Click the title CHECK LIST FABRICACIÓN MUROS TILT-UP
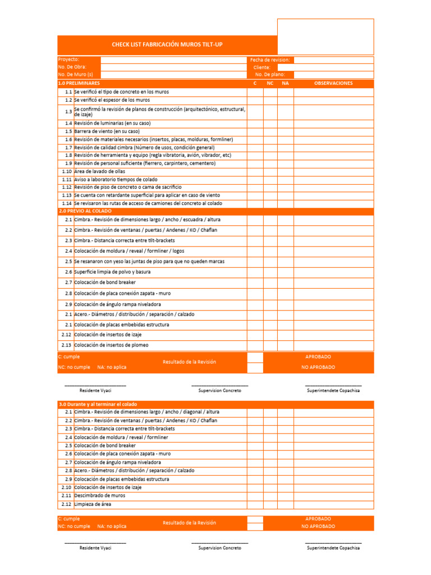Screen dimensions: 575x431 167,44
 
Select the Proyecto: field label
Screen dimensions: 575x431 68,60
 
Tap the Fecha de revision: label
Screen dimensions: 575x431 270,60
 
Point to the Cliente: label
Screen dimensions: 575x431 262,67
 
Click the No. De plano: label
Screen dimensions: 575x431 270,74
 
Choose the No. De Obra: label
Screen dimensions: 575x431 72,67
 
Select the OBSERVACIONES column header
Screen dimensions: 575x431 333,83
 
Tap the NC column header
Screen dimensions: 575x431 270,83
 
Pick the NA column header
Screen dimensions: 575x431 285,83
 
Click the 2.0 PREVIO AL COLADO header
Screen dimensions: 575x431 85,211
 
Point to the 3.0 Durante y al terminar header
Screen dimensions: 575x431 98,404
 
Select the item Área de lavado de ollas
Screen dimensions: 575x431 99,171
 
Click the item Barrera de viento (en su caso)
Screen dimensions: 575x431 107,131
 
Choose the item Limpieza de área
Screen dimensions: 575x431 93,504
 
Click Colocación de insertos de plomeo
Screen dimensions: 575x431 111,345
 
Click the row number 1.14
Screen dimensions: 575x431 67,203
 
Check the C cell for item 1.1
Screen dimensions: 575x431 255,92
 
